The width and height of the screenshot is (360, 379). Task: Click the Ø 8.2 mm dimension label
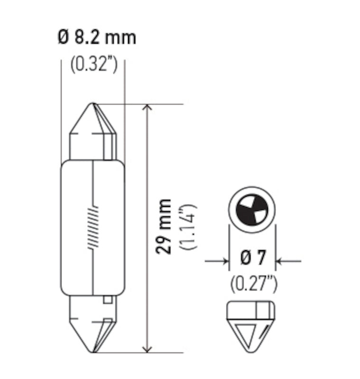(x=97, y=37)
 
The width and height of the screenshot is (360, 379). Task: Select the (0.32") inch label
(x=93, y=65)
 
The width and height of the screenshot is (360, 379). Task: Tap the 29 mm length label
(x=165, y=227)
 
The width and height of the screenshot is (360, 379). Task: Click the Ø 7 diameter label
(x=252, y=259)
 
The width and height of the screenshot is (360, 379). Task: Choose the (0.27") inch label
(x=254, y=284)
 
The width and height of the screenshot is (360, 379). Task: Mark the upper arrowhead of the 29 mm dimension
(x=148, y=108)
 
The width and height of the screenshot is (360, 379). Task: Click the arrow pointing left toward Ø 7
(x=281, y=260)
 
